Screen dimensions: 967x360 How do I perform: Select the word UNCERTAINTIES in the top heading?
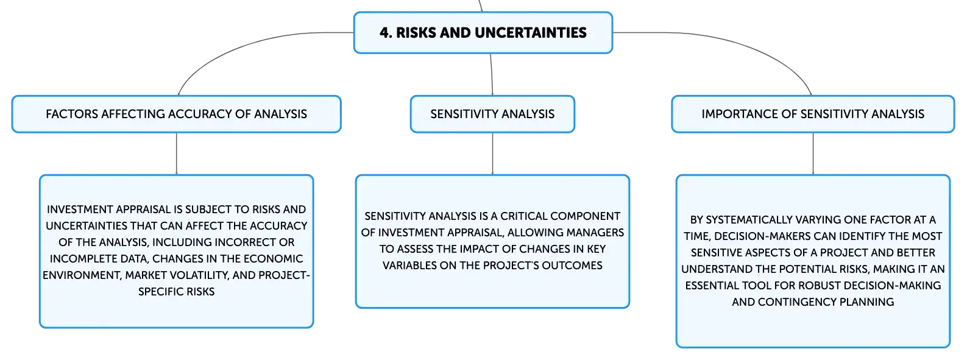531,33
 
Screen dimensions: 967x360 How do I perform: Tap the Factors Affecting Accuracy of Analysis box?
177,114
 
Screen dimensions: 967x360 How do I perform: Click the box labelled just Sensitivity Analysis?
492,114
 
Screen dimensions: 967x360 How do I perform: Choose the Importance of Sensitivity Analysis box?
813,114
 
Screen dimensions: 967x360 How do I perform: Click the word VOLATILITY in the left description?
197,275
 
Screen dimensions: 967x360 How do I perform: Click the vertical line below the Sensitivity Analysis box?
492,154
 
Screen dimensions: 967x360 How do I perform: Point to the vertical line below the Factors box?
177,154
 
